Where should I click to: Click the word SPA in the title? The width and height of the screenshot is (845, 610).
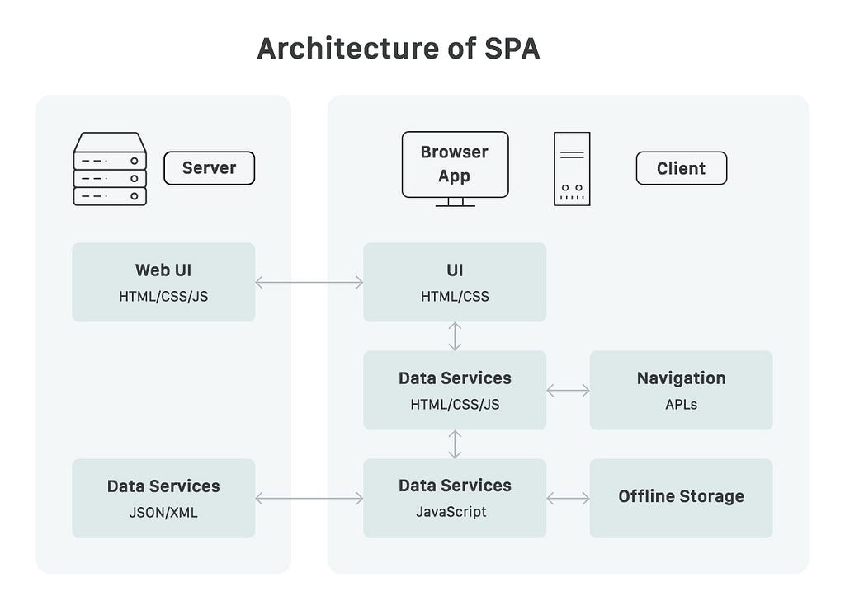(512, 49)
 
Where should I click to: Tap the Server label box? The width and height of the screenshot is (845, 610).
(209, 168)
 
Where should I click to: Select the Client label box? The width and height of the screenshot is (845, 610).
(681, 168)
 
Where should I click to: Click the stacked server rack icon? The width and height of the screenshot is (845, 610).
(110, 168)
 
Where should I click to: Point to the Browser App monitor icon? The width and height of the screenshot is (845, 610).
(455, 168)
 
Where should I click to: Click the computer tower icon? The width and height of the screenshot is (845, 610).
(572, 168)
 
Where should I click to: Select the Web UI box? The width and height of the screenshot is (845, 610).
(164, 282)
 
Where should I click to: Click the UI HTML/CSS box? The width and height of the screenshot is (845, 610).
(455, 282)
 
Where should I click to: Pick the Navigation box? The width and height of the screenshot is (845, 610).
(681, 391)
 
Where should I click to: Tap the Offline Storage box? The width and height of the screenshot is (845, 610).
(681, 498)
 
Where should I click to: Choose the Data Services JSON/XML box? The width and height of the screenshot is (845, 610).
(164, 498)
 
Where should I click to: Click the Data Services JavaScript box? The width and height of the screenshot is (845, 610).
(455, 498)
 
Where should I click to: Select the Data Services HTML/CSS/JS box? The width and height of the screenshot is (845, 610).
(455, 391)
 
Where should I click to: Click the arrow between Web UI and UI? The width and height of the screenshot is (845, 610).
(309, 282)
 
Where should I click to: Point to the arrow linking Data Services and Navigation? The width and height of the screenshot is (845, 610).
(568, 391)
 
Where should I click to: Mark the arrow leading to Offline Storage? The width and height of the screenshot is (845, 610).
(568, 499)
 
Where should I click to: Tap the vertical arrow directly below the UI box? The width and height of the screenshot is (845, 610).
(455, 336)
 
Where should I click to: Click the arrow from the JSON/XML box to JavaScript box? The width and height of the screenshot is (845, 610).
(309, 499)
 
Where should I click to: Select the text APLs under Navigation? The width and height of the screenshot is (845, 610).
(681, 405)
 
